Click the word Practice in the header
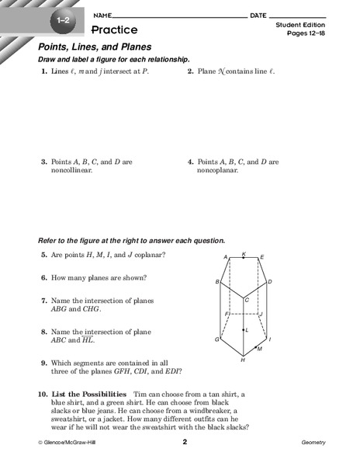tap(114, 30)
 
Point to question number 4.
tap(190, 162)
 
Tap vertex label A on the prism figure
tap(225, 257)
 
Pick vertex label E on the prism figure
tap(262, 257)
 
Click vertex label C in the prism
tap(247, 300)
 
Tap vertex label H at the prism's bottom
tap(243, 361)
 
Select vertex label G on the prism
tap(217, 339)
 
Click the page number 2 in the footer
tap(185, 442)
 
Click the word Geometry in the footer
tap(313, 443)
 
